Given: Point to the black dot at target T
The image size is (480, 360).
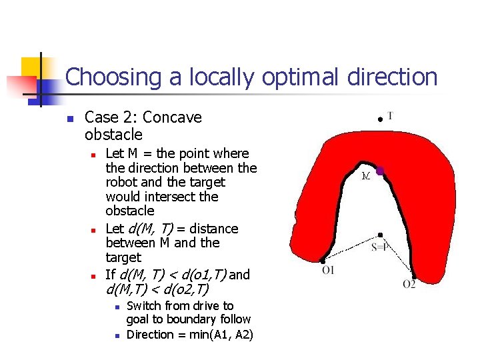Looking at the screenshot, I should [x=379, y=119].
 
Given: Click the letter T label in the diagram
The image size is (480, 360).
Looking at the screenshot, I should [x=390, y=116].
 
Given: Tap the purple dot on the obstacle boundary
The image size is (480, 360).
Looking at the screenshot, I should [x=380, y=171].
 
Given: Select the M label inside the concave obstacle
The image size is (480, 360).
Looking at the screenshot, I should [x=366, y=177].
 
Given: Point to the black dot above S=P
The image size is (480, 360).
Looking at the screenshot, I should [x=379, y=235].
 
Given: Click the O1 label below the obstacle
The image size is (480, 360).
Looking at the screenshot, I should [x=328, y=270].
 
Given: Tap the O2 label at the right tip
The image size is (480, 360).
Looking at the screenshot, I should [x=409, y=284].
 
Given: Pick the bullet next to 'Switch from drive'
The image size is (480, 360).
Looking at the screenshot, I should [x=116, y=307].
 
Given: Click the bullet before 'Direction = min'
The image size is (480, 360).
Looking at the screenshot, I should [x=116, y=335].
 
